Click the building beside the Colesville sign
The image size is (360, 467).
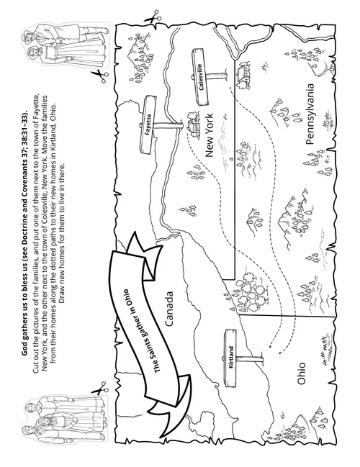coord(243,71)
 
